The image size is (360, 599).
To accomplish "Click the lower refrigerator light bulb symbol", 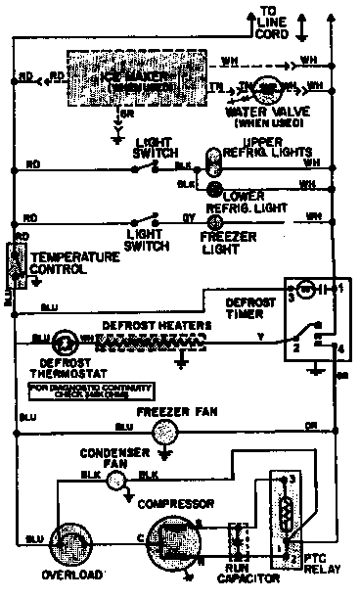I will pos(213,187).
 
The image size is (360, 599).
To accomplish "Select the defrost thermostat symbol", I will pos(65,340).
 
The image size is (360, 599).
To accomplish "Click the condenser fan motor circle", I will pos(117,478).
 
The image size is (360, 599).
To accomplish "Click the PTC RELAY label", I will pos(321,564).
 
